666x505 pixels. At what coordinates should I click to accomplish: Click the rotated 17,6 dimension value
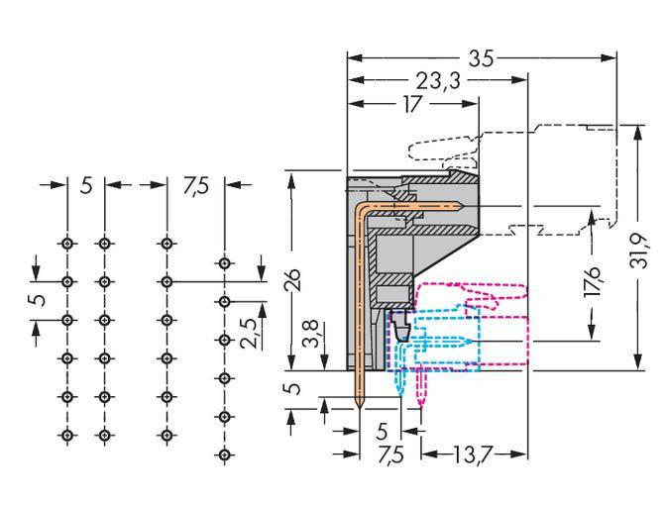[593, 282]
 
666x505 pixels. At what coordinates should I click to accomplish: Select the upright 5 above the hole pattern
[86, 185]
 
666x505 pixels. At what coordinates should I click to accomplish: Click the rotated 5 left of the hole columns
[36, 300]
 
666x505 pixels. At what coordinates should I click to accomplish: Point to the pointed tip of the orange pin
[360, 407]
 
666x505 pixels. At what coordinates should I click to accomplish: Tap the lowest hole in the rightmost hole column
[225, 454]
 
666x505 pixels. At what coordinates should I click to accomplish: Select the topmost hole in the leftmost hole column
[67, 243]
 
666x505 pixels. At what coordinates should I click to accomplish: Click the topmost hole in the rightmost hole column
[225, 263]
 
